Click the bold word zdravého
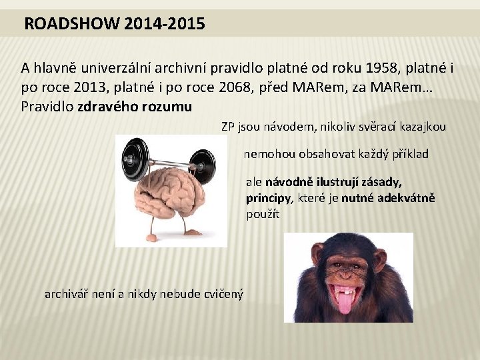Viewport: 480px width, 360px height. pyautogui.click(x=107, y=107)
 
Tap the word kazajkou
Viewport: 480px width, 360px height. pyautogui.click(x=422, y=127)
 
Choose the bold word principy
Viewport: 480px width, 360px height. pyautogui.click(x=268, y=198)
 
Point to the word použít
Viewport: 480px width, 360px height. pyautogui.click(x=263, y=215)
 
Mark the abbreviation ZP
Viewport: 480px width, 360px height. pyautogui.click(x=229, y=127)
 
